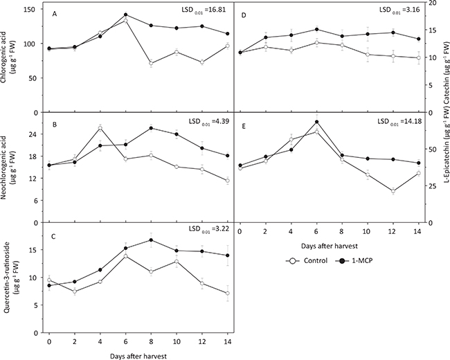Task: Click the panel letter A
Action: tap(55, 12)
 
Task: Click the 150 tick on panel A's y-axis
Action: tap(33, 9)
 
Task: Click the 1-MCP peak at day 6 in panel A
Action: tap(125, 15)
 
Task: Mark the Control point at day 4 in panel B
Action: tap(100, 128)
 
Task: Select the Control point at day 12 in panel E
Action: tap(393, 191)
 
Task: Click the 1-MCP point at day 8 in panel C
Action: tap(151, 240)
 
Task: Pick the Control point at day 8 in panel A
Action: tap(151, 63)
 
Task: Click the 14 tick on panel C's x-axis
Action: tap(227, 343)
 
